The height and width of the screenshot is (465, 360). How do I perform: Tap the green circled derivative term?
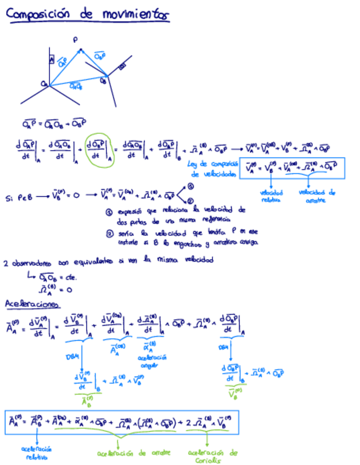click(x=101, y=149)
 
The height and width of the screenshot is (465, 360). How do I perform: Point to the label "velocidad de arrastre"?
click(x=317, y=196)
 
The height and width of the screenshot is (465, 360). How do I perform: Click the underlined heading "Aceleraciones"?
click(x=32, y=303)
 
